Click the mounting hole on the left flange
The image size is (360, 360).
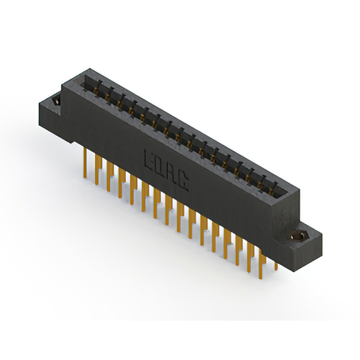(56, 101)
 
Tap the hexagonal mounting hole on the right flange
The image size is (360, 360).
(297, 236)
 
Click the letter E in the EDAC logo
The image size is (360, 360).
(148, 160)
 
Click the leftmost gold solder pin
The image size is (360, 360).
(85, 163)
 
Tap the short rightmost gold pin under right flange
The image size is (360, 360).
(276, 266)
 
